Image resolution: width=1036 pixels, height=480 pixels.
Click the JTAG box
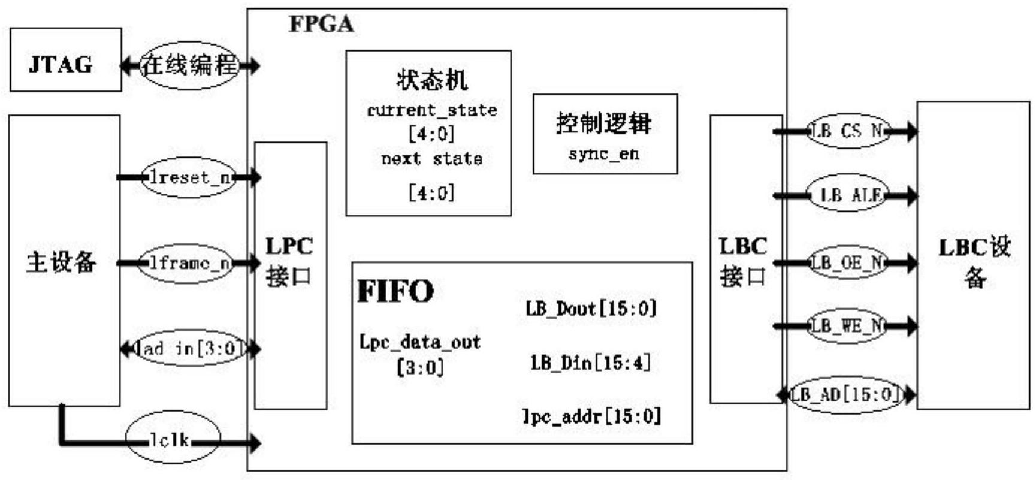pos(65,60)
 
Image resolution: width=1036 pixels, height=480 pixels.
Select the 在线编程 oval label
pos(189,65)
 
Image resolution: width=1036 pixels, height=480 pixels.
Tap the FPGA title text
pos(321,24)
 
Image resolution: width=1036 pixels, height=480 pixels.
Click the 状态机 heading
pos(431,80)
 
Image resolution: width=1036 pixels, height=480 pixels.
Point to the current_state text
pos(431,110)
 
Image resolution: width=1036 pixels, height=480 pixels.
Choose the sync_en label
pos(604,153)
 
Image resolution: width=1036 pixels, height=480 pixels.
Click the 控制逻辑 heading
pos(603,123)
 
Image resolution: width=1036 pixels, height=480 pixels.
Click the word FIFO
pos(395,291)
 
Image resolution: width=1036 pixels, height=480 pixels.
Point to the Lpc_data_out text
pos(419,342)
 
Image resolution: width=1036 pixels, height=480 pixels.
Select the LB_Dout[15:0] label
pos(591,309)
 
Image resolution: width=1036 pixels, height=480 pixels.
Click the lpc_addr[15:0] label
pos(591,416)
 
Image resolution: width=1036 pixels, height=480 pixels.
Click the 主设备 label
pos(61,262)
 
